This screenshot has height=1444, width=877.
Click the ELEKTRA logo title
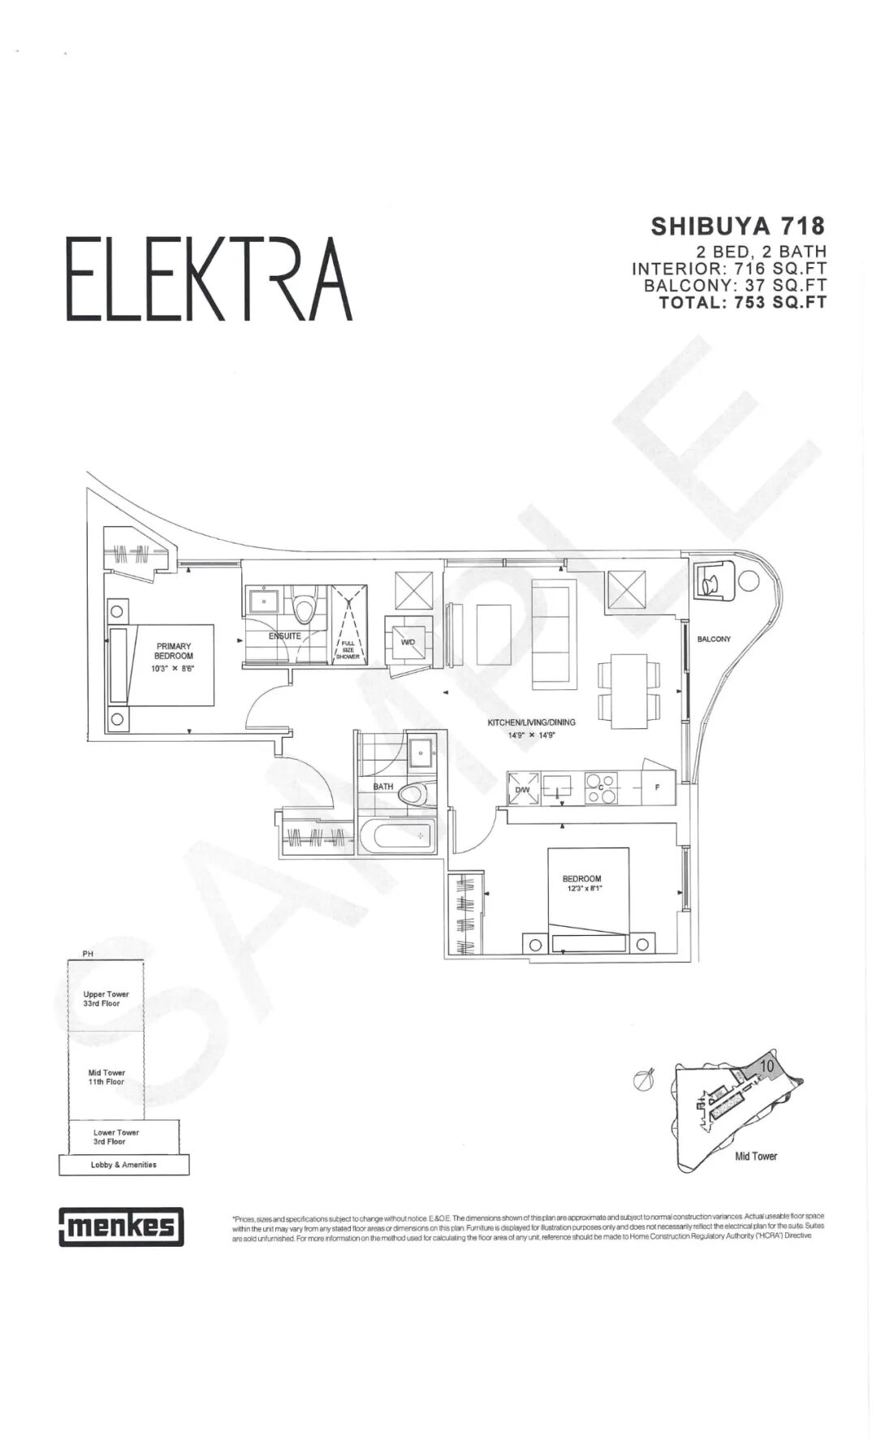tap(209, 279)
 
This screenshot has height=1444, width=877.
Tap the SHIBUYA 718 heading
tap(737, 226)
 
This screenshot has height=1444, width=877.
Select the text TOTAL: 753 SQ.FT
tap(742, 302)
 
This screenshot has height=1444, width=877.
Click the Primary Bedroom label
tap(174, 651)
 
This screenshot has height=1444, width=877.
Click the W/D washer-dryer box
tap(408, 643)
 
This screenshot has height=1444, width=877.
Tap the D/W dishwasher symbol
tap(523, 788)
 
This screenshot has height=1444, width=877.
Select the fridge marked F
tap(657, 787)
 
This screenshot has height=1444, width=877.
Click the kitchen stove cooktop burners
tap(602, 788)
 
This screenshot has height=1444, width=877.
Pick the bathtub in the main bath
tap(397, 836)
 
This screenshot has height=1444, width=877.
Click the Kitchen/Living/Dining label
tap(531, 722)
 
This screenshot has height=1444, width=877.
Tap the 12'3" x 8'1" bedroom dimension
tap(581, 889)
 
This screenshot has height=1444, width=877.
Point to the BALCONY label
tap(714, 639)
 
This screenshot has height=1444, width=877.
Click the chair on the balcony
tap(712, 580)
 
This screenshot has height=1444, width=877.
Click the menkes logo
tap(121, 1226)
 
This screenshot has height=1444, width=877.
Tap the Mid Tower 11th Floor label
tap(106, 1077)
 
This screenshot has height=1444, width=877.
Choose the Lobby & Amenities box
tap(123, 1165)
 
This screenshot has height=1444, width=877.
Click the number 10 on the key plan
tap(767, 1064)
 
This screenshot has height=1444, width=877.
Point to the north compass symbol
tap(646, 1079)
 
